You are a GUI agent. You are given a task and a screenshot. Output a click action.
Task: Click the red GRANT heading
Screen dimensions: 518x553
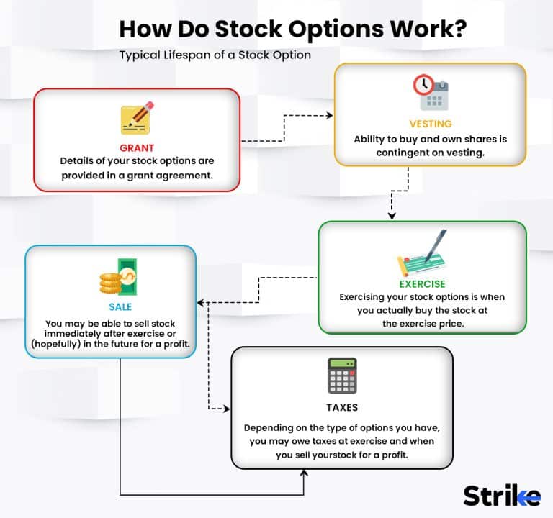pyautogui.click(x=137, y=147)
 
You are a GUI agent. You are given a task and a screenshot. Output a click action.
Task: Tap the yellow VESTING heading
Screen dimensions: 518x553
pyautogui.click(x=430, y=124)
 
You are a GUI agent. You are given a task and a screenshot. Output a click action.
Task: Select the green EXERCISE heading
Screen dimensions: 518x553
pyautogui.click(x=421, y=283)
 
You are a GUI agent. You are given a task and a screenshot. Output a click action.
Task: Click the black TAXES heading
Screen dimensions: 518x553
pyautogui.click(x=342, y=407)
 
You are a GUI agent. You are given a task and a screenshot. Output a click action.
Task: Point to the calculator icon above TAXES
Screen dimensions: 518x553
pyautogui.click(x=342, y=376)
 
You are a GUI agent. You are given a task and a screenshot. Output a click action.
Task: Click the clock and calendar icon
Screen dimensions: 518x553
pyautogui.click(x=431, y=92)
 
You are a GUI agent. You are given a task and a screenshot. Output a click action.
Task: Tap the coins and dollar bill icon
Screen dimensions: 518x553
pyautogui.click(x=117, y=277)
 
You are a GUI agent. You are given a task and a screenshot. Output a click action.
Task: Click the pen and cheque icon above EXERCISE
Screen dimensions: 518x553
pyautogui.click(x=423, y=253)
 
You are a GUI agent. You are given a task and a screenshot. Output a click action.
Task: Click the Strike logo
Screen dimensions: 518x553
pyautogui.click(x=501, y=496)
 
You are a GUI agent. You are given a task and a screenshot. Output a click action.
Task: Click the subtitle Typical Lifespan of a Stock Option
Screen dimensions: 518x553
pyautogui.click(x=215, y=55)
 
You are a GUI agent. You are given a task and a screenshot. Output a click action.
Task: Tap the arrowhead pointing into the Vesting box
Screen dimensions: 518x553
pyautogui.click(x=330, y=114)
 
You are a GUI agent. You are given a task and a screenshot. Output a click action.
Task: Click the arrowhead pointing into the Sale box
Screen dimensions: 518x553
pyautogui.click(x=201, y=302)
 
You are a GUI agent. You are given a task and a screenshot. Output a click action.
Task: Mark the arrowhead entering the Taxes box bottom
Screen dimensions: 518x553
pyautogui.click(x=304, y=472)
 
